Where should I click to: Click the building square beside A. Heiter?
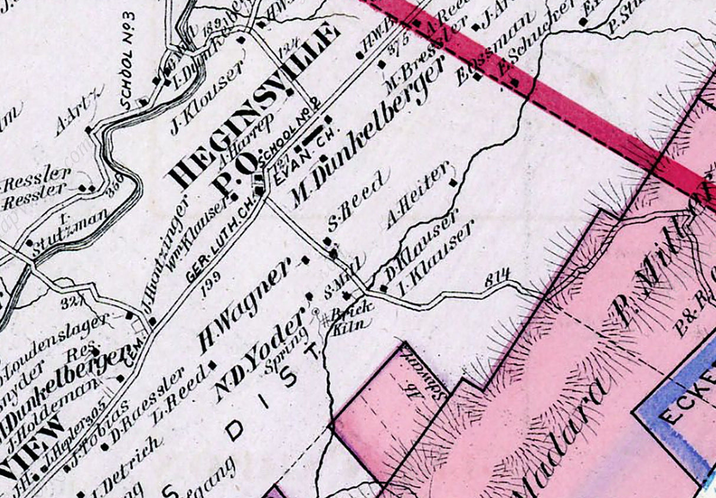[453, 183]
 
